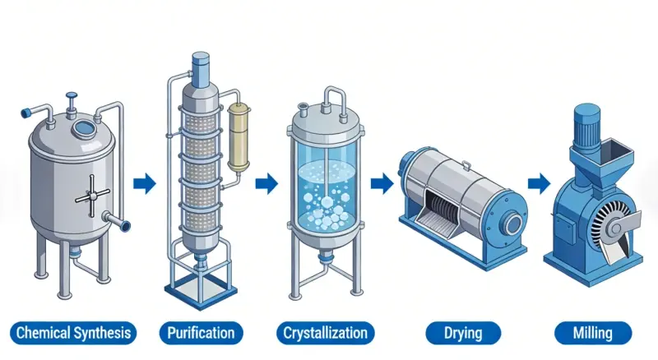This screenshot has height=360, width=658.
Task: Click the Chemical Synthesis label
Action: tap(73, 333)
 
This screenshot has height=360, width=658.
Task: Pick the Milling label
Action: tap(594, 333)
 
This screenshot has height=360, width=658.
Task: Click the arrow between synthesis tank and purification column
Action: tap(145, 182)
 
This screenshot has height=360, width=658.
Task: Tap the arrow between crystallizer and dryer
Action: tap(381, 182)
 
